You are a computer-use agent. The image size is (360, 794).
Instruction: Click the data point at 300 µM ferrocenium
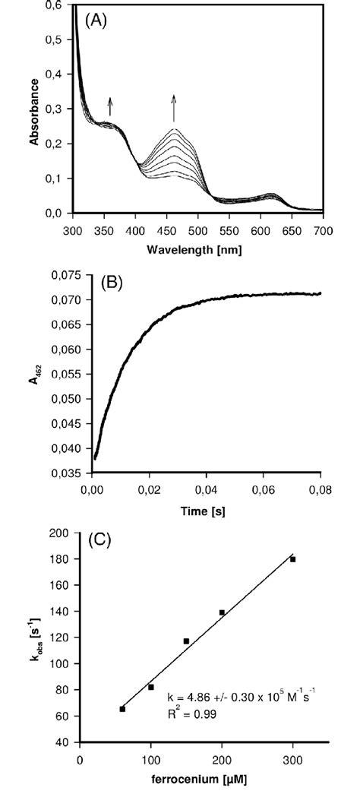[293, 559]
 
